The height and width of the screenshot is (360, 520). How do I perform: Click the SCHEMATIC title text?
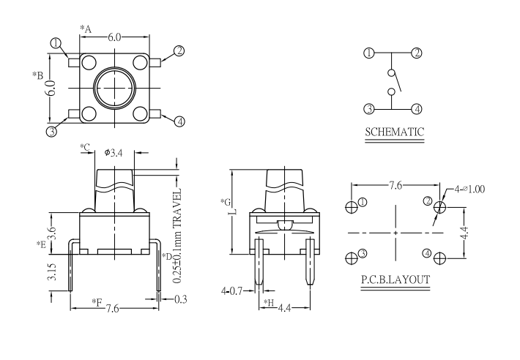(395, 132)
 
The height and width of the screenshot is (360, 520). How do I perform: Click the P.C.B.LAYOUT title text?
(395, 279)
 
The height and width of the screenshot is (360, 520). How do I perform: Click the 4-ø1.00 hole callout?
(469, 189)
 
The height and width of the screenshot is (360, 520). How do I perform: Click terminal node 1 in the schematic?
(369, 53)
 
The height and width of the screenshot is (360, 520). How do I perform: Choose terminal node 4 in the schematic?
(417, 109)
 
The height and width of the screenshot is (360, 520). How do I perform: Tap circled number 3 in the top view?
(51, 132)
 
